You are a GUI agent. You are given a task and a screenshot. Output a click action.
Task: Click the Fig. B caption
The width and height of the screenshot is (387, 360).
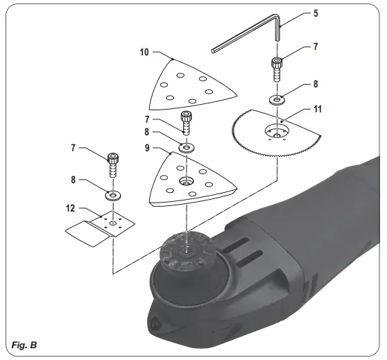coord(24,345)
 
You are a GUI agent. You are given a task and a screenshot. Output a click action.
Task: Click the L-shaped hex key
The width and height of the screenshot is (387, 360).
coord(250,38)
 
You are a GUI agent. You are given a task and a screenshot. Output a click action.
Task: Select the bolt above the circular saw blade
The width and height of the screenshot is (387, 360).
coord(276,69)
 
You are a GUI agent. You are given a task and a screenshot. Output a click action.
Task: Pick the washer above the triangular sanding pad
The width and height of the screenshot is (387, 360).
coord(186,147)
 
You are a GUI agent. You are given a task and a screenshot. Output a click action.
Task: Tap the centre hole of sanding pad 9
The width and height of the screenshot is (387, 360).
coord(186,181)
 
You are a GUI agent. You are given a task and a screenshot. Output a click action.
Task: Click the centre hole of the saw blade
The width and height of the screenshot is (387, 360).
coord(278,132)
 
